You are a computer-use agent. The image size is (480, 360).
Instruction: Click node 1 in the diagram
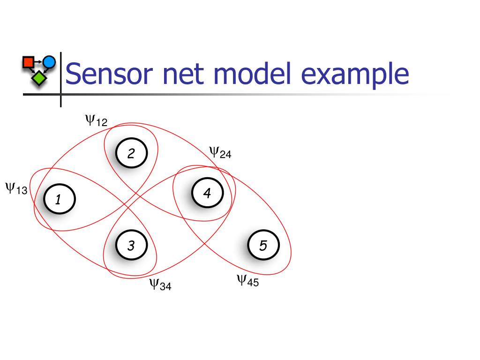tap(60, 199)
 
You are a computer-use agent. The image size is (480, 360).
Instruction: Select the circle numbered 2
tap(132, 153)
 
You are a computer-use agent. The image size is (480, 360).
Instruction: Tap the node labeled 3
tap(132, 245)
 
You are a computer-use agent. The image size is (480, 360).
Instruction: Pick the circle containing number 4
tap(208, 193)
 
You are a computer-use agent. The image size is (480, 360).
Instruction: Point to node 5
tap(263, 245)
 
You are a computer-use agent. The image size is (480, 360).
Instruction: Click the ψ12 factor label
tap(96, 120)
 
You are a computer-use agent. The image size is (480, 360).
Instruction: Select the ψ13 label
tap(16, 188)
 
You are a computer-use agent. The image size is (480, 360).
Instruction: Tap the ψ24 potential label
tap(220, 152)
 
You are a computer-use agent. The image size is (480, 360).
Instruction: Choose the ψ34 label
tap(160, 285)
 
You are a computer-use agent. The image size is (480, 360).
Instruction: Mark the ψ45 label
tap(248, 281)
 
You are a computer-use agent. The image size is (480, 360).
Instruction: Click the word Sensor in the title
tap(109, 74)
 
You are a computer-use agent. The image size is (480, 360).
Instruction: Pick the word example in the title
tap(355, 75)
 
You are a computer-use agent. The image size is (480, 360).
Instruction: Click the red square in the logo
tap(29, 62)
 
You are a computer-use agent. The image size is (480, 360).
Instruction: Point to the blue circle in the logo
tap(49, 62)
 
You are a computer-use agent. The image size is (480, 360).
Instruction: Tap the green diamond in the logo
tap(39, 78)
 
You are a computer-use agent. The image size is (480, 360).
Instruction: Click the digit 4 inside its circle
tap(207, 193)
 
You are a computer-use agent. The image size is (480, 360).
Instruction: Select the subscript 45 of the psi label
tap(253, 282)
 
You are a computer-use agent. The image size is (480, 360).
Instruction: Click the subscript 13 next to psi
tap(22, 190)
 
